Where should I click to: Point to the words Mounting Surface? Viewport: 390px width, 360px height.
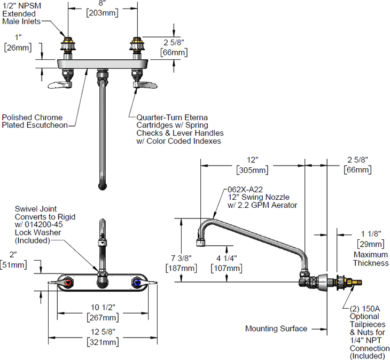276,328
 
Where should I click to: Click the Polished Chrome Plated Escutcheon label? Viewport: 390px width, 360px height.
32,121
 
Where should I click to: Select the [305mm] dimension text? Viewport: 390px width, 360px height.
252,170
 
